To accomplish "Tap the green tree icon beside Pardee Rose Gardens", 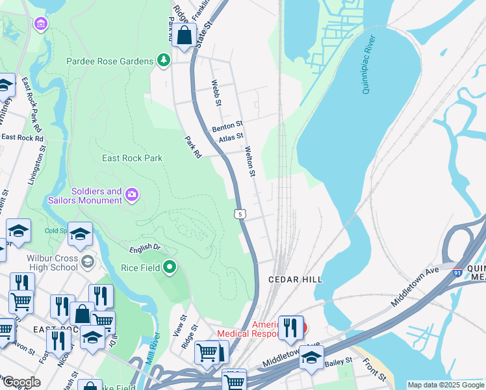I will [163, 61].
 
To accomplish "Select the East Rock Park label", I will [132, 158].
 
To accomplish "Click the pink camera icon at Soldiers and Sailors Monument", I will [133, 194].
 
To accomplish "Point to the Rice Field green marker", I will [170, 266].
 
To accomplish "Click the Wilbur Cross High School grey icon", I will [88, 262].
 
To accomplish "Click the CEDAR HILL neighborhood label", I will [296, 279].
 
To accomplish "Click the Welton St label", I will [249, 161].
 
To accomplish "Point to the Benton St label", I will [227, 123].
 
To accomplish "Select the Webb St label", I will [216, 94].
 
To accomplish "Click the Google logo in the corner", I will [21, 382].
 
